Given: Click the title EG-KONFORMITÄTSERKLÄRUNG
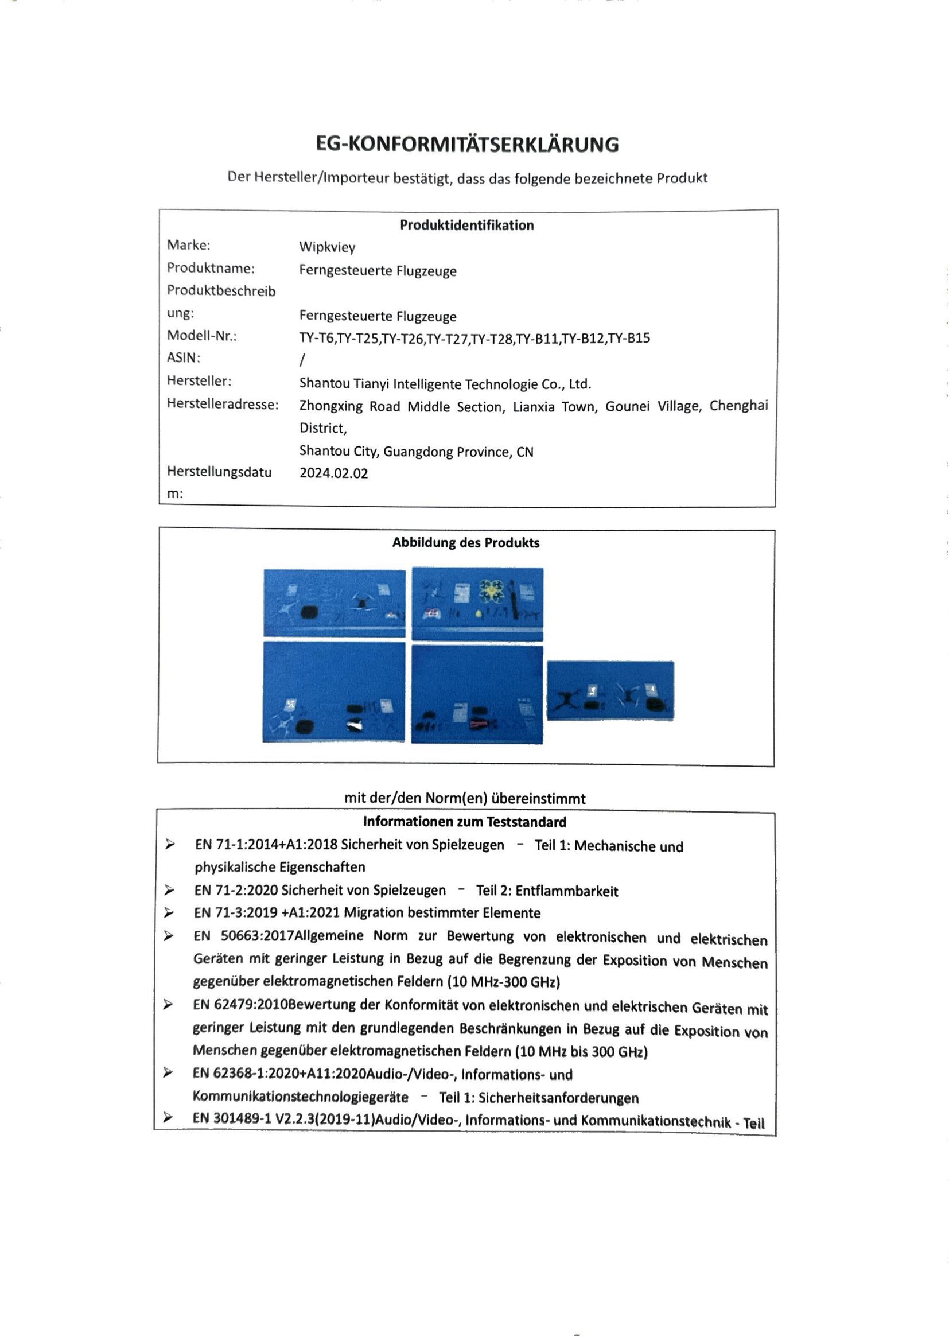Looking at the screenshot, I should coord(467,145).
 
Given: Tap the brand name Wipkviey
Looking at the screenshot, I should coord(327,247).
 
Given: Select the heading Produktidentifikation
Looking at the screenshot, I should coord(466,226).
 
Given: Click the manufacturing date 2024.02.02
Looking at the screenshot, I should coord(334,473).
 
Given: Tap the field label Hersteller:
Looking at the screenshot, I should coord(199,381).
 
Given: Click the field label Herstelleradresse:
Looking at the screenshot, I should coord(223,404).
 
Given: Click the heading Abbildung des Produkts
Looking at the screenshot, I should coord(466,543).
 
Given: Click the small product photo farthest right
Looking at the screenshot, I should coord(610,691).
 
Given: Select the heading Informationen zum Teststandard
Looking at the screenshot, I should coord(465,822).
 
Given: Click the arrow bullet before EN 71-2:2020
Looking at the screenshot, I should coord(169,890).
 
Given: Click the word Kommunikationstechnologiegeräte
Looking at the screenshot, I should coord(300,1097).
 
